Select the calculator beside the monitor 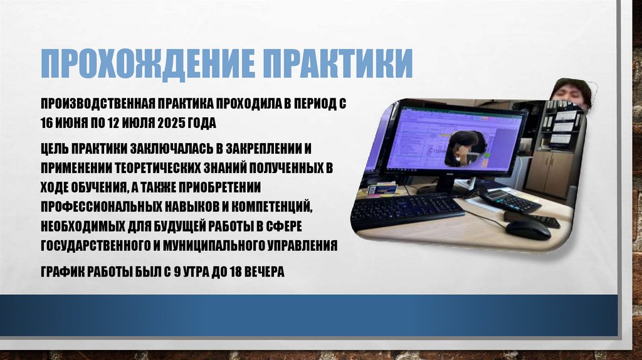pyautogui.click(x=510, y=199)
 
